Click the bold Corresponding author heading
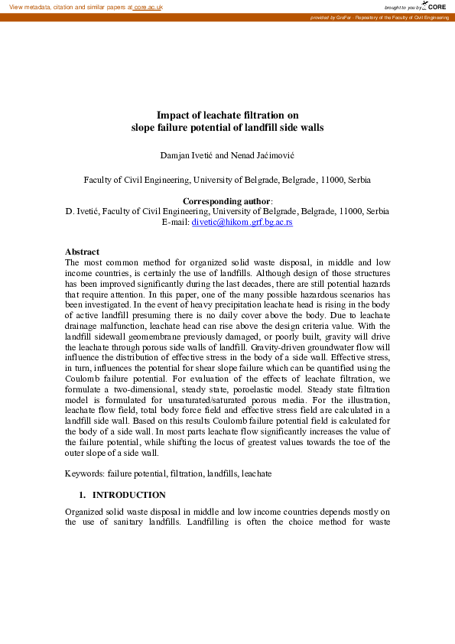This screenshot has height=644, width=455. pyautogui.click(x=227, y=201)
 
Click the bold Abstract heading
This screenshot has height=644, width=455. pyautogui.click(x=82, y=252)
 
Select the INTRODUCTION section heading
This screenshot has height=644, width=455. pyautogui.click(x=134, y=495)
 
